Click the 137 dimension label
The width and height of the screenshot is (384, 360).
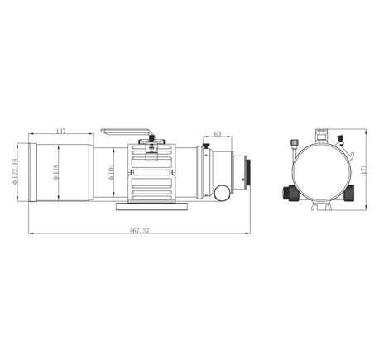pyautogui.click(x=60, y=132)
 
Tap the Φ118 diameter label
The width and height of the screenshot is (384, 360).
pyautogui.click(x=55, y=171)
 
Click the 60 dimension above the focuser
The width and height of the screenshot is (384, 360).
pyautogui.click(x=217, y=133)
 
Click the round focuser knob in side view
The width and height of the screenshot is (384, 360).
pyautogui.click(x=222, y=192)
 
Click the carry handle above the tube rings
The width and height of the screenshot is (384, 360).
pyautogui.click(x=127, y=131)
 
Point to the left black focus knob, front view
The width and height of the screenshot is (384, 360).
pyautogui.click(x=289, y=192)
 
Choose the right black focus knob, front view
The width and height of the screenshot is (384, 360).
pyautogui.click(x=348, y=192)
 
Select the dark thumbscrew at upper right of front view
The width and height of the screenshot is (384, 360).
pyautogui.click(x=341, y=141)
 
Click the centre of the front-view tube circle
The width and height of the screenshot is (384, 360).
pyautogui.click(x=319, y=170)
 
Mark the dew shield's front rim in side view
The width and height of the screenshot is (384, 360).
pyautogui.click(x=32, y=172)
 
